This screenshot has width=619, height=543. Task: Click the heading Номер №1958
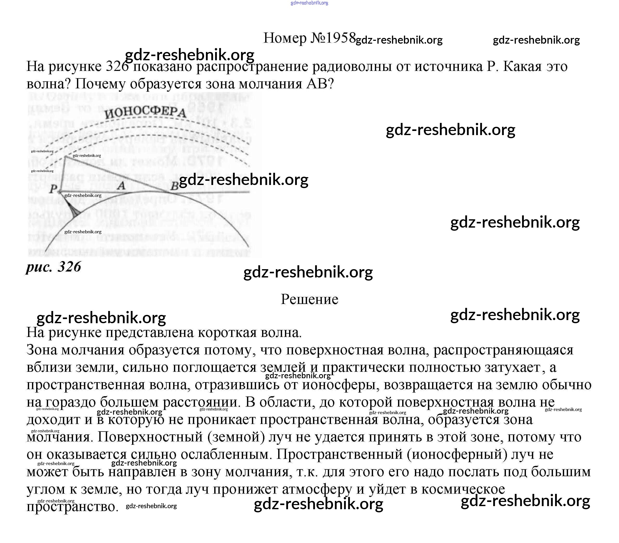coord(309,38)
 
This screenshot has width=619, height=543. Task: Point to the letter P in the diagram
coord(53,189)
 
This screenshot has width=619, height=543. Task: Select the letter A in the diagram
coord(121,185)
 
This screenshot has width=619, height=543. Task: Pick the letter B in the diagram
coord(174,186)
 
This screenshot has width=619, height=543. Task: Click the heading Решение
coord(309,299)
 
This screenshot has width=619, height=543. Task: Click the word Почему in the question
coord(100,84)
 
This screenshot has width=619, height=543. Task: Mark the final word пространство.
coord(72,506)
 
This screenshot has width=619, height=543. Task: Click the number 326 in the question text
coord(118,67)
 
